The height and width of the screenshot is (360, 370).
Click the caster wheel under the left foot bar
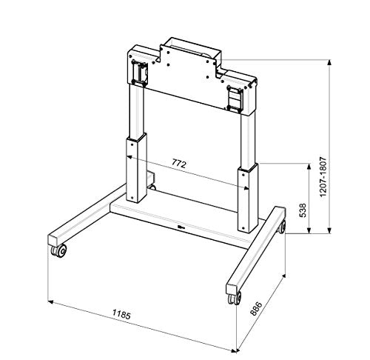[x=59, y=252]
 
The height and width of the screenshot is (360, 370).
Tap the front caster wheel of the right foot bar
[x=234, y=299]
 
